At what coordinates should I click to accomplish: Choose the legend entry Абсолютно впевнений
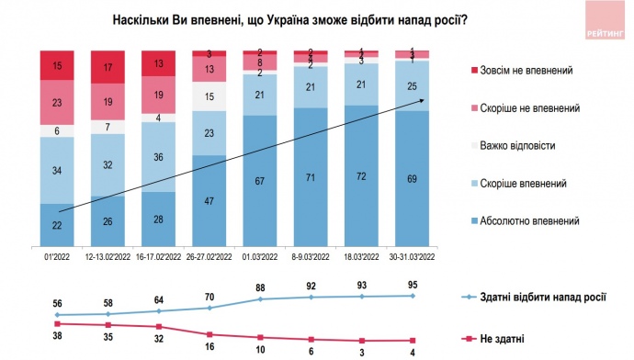(x=525, y=220)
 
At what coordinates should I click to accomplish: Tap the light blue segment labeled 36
(x=159, y=157)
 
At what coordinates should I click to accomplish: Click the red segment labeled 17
(x=109, y=67)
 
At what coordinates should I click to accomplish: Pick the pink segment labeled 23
(x=58, y=104)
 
